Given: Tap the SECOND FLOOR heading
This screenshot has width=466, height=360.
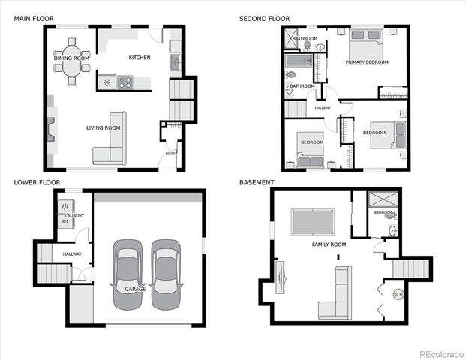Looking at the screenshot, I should click(264, 17).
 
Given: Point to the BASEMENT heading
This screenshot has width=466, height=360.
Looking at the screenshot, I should click(257, 182).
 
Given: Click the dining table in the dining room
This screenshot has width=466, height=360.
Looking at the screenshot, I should click(71, 64).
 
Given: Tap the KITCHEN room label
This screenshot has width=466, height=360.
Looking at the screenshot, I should click(140, 58).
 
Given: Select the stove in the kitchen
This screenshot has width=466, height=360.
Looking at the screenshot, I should click(125, 82).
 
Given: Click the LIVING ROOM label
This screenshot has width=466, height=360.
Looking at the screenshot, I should click(103, 128).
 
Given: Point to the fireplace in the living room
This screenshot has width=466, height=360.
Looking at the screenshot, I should click(51, 129).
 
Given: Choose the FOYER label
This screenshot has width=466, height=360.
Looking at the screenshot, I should click(170, 154).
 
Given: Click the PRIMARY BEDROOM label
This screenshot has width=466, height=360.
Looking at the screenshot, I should click(367, 62).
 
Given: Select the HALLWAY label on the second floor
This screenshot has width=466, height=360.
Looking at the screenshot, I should click(323, 108).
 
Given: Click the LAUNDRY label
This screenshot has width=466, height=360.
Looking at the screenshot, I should click(74, 216).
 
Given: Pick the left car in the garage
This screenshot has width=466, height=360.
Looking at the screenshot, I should click(127, 274).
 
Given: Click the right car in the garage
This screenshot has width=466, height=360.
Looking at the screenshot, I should click(165, 274).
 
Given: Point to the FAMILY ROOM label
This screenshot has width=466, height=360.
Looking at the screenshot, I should click(329, 244).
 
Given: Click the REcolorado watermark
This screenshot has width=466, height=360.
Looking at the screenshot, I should click(440, 353).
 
